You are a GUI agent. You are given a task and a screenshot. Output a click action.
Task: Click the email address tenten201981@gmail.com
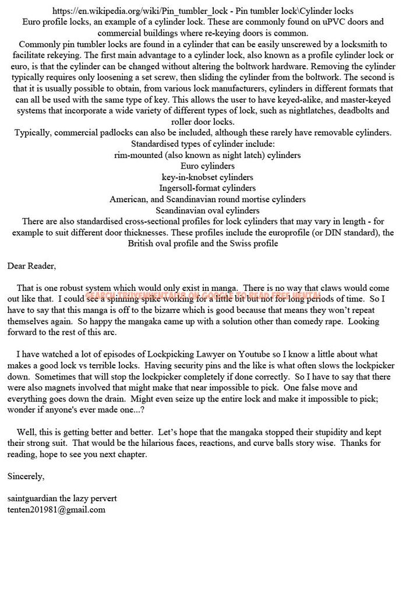click(56, 509)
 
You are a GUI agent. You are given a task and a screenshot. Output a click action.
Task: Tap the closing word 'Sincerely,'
click(26, 476)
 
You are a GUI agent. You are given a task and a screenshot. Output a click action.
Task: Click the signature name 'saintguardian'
click(34, 498)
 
